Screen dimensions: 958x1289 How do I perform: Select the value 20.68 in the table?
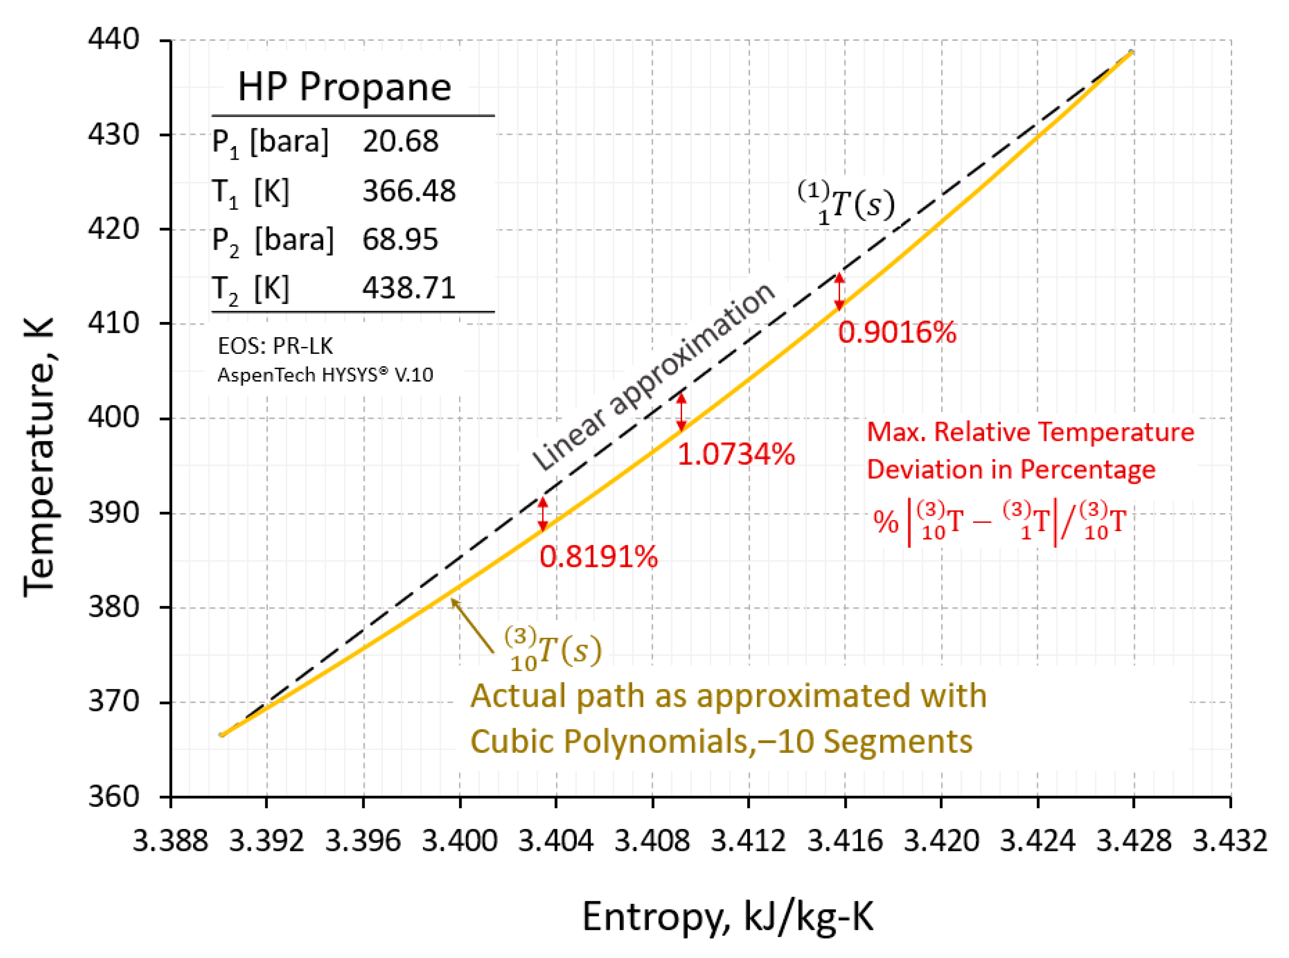click(400, 141)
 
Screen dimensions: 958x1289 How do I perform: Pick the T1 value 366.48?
click(409, 191)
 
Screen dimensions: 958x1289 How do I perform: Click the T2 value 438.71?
click(409, 288)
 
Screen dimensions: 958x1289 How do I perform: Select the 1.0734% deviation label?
click(736, 454)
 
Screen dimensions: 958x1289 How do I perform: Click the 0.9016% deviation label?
click(897, 333)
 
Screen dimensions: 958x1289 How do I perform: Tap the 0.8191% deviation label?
click(598, 557)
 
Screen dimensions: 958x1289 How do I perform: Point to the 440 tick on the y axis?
click(114, 39)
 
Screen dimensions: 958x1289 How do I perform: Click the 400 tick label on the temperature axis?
click(114, 417)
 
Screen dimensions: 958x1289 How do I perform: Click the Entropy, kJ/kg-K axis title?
click(728, 917)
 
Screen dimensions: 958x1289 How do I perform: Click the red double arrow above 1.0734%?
click(682, 413)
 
